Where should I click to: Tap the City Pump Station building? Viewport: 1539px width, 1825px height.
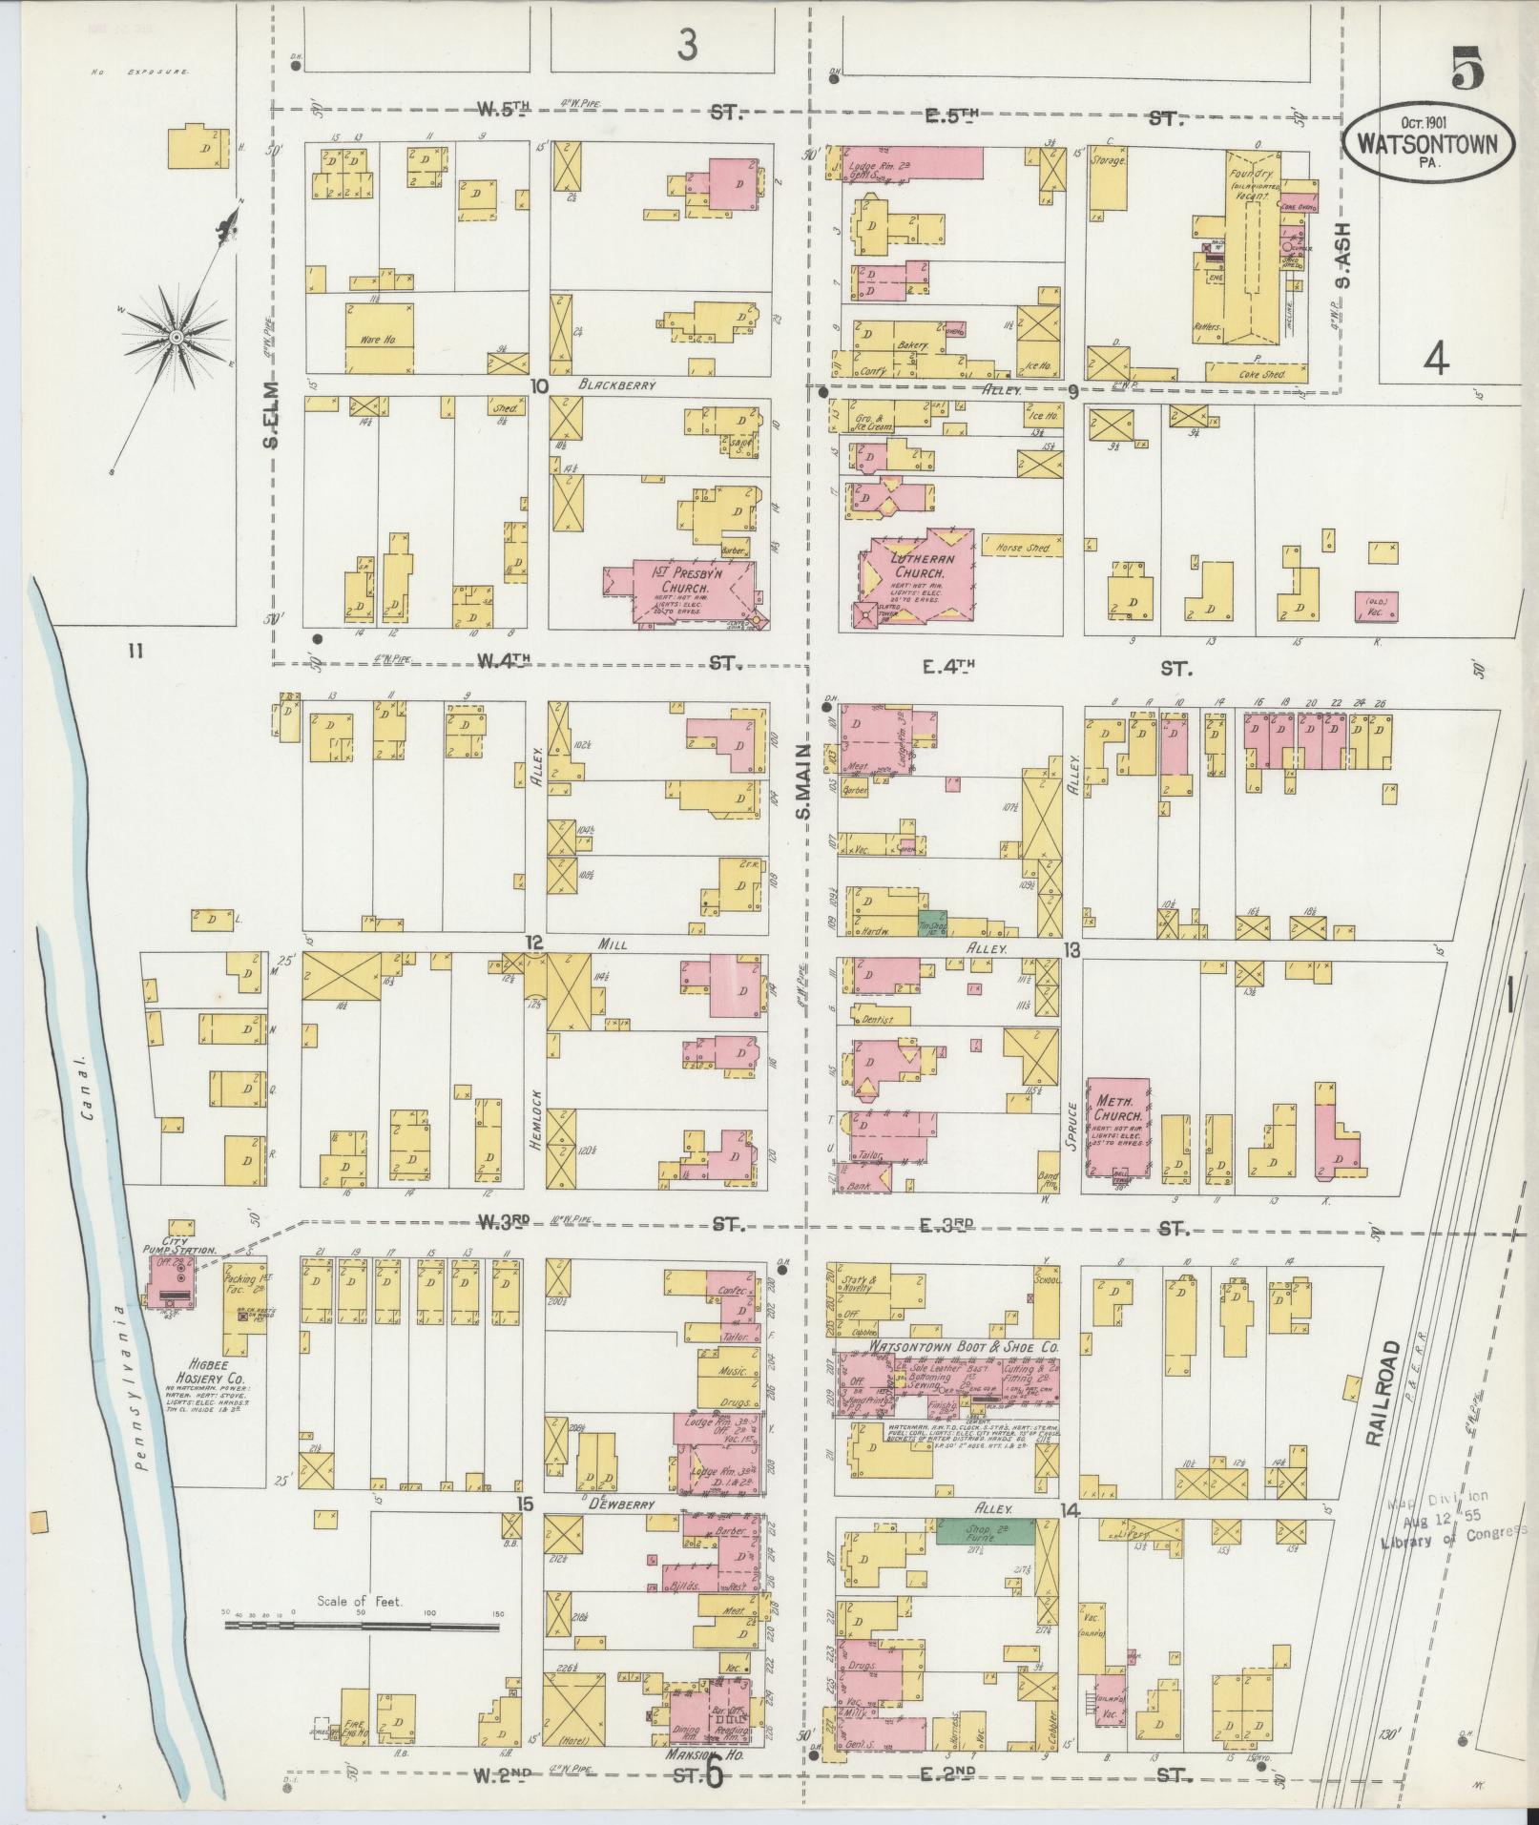tap(169, 1282)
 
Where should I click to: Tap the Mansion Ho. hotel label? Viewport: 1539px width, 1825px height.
tap(707, 1752)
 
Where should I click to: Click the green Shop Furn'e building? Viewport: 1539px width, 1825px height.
tap(984, 1532)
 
